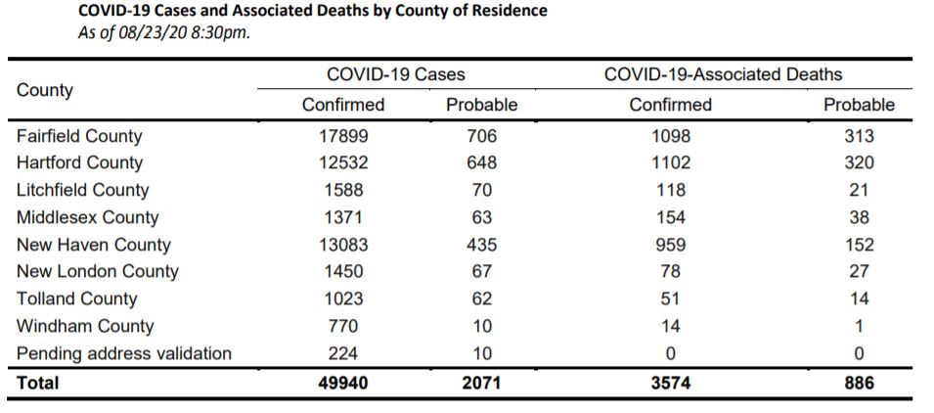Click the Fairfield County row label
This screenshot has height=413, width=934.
click(79, 136)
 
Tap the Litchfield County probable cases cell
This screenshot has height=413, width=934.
click(480, 190)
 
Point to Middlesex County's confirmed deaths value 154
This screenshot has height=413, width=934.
click(670, 217)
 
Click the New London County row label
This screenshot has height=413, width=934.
click(98, 272)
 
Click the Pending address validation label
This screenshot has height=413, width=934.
click(124, 353)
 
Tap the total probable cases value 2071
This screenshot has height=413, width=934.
click(480, 383)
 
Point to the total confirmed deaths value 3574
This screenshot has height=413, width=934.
click(670, 383)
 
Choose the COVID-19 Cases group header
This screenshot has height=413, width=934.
click(395, 74)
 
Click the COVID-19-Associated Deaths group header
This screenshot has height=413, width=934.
click(724, 74)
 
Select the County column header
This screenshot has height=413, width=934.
click(45, 90)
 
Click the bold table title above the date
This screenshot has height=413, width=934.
click(312, 11)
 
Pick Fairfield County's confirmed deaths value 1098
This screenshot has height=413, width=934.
click(670, 136)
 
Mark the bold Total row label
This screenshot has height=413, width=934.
click(38, 383)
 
